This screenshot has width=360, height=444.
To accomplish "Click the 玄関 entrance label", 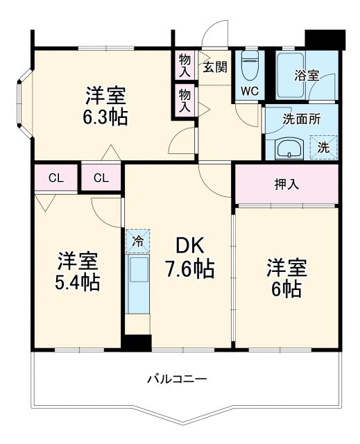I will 215,67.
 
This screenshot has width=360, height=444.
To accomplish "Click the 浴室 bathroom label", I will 306,76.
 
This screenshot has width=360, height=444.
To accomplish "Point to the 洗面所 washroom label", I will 302,118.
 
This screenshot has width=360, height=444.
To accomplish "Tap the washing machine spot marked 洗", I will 324,147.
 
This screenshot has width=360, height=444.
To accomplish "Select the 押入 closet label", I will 286,185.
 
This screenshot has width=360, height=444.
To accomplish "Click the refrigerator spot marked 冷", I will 138,241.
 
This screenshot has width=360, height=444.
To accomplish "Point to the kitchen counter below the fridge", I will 138,285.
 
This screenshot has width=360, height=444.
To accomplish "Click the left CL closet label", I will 56,178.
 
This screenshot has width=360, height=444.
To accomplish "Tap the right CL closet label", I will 101,178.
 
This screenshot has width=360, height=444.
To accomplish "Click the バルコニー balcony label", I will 177,379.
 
